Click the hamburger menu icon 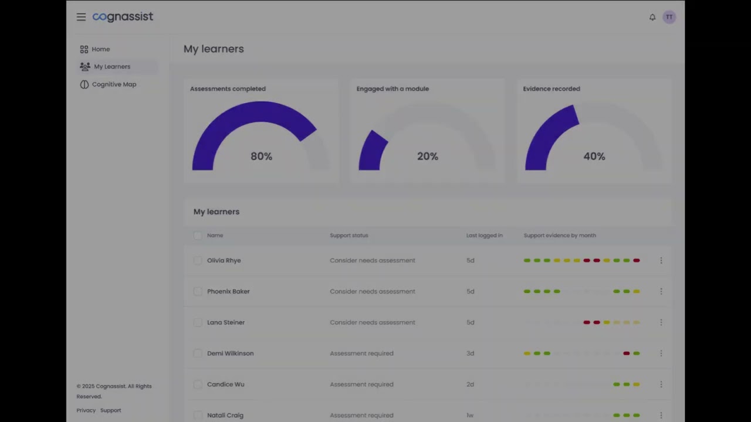(x=81, y=17)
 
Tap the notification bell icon (x=652, y=17)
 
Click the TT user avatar (x=669, y=17)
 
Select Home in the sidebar (x=100, y=49)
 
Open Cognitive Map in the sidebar (x=114, y=84)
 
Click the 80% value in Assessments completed (x=261, y=156)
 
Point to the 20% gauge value (x=428, y=156)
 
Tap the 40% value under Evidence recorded (x=594, y=156)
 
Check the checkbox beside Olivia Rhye (x=198, y=260)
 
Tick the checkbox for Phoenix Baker (x=198, y=291)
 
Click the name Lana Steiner (x=226, y=322)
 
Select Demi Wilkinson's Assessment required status (x=361, y=353)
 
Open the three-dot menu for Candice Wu (x=661, y=384)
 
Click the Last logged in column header (x=485, y=236)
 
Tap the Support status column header (x=349, y=236)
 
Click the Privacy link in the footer (x=86, y=410)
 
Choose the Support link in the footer (x=110, y=410)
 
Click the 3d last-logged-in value (x=471, y=353)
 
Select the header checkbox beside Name (x=198, y=236)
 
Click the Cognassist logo (x=123, y=17)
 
